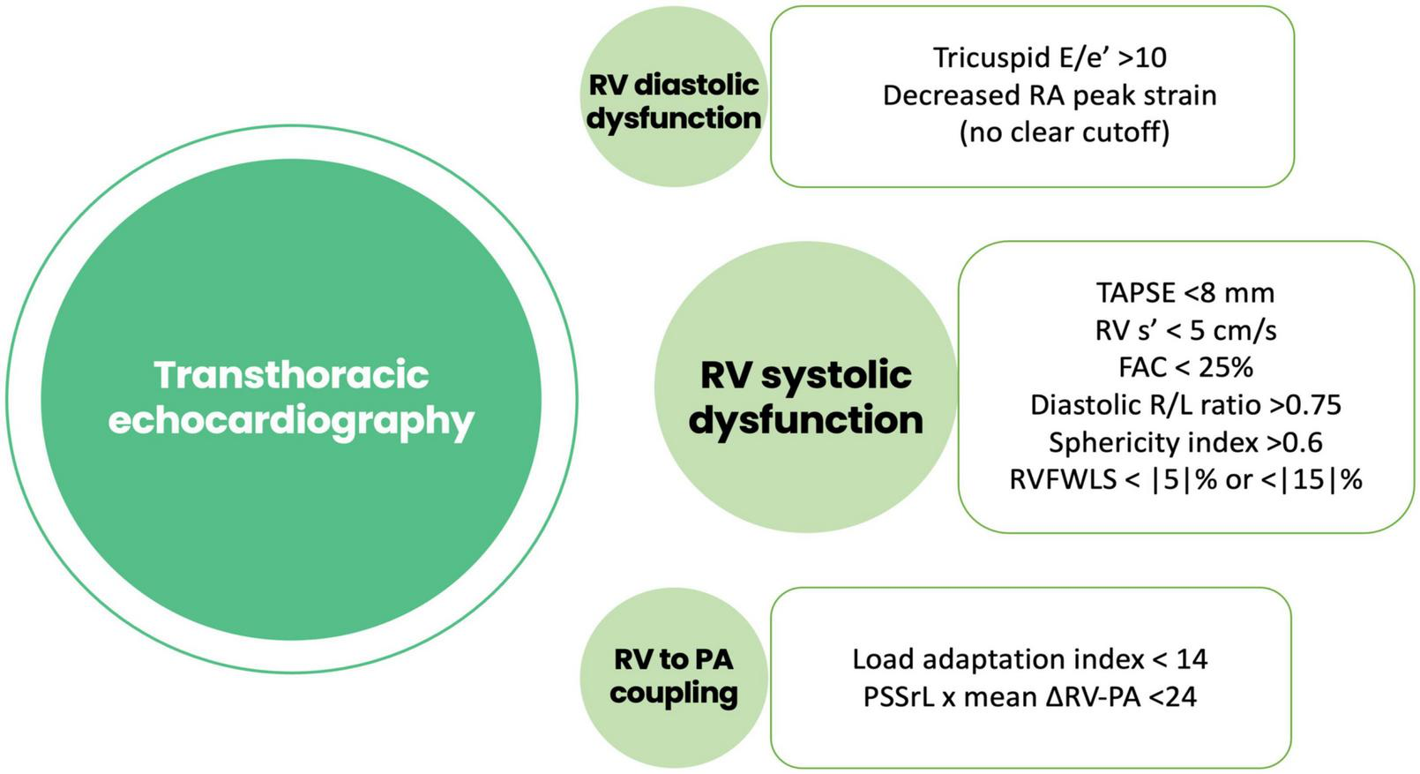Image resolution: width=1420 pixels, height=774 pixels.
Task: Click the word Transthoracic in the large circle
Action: [291, 375]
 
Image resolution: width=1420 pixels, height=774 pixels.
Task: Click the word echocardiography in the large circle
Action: [291, 420]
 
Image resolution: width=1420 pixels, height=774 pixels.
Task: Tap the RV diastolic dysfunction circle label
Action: [674, 101]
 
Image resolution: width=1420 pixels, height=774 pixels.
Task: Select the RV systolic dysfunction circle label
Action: [805, 396]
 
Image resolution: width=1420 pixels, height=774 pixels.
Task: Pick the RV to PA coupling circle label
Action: [674, 675]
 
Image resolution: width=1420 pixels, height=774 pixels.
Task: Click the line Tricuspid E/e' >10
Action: [1050, 57]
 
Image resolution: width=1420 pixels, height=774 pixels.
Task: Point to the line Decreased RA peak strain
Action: [1050, 95]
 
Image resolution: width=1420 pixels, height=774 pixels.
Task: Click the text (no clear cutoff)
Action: [1064, 132]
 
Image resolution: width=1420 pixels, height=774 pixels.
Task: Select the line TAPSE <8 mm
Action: [1185, 292]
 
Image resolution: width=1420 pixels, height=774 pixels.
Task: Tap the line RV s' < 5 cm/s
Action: [1185, 330]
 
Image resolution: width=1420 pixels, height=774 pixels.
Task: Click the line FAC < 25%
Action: [1185, 367]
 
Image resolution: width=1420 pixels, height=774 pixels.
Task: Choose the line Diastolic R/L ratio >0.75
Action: [1185, 405]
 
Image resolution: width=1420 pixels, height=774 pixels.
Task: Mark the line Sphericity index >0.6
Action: [1185, 442]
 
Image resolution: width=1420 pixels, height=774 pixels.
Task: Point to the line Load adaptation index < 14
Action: [1029, 659]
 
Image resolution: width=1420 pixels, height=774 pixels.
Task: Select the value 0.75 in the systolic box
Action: [1315, 405]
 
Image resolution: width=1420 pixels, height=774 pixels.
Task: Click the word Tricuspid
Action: [980, 57]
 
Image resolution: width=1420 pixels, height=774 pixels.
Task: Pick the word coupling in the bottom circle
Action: [674, 693]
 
